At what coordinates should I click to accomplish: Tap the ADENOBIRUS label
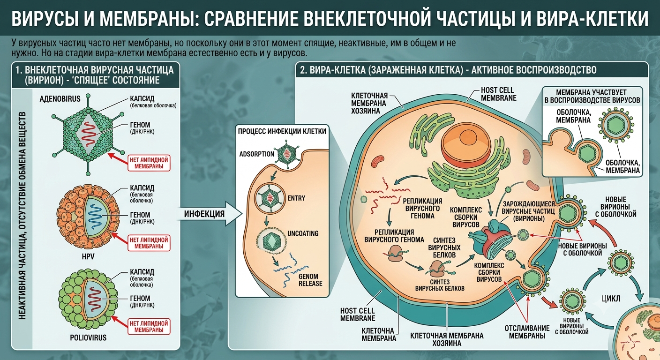click(60, 99)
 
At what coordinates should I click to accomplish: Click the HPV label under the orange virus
click(88, 256)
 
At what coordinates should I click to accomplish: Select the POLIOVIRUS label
click(88, 337)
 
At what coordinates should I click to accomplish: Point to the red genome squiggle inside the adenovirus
click(89, 135)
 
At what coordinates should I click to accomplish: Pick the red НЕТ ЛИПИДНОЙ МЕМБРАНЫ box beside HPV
click(149, 243)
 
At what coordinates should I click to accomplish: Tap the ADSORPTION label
click(256, 154)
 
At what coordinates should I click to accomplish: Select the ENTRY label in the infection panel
click(296, 198)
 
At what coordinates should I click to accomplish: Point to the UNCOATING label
click(303, 233)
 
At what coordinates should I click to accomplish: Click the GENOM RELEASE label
click(310, 280)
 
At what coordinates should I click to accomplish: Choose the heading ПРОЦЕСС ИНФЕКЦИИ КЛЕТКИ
click(282, 131)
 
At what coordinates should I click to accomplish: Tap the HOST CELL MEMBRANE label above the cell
click(499, 94)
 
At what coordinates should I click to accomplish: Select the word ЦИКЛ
click(611, 299)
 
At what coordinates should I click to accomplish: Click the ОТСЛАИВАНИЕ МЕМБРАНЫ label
click(527, 332)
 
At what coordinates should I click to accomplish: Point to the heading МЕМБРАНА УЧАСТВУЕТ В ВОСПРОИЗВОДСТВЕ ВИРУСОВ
click(592, 97)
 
